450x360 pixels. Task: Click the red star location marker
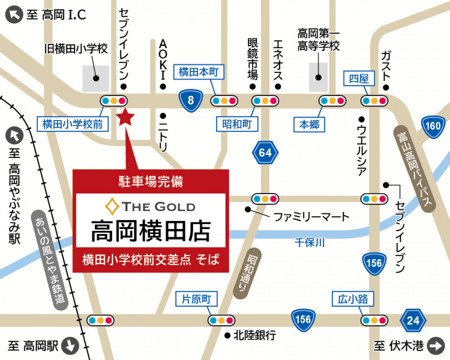coord(125,117)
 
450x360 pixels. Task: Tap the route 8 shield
coord(190,100)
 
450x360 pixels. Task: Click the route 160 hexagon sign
coord(432,126)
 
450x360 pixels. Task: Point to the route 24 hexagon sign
coord(413,320)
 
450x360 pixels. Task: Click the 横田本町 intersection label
coord(199,72)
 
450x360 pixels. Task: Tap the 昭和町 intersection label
coord(237,123)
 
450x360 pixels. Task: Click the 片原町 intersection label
coord(197,299)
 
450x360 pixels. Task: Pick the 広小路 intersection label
coord(353,299)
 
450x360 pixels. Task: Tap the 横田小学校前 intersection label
coord(72,124)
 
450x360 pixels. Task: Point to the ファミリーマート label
coord(310,217)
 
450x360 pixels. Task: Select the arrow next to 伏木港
coord(436,345)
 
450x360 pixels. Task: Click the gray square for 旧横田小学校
coord(95,78)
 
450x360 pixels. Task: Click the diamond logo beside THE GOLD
coord(111,205)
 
